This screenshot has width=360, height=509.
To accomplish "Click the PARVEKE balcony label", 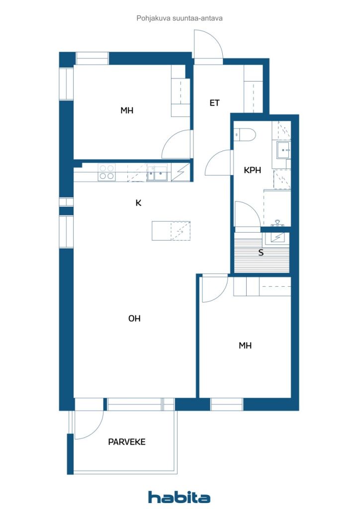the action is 127,442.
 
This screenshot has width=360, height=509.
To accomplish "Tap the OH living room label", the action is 134,319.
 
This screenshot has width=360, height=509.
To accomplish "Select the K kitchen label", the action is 139,203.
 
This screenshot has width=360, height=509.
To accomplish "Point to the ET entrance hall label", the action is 215,103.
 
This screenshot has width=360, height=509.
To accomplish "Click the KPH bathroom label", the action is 252,170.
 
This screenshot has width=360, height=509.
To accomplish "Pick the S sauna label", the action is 261,253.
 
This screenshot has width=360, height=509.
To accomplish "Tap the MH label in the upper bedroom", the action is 127,111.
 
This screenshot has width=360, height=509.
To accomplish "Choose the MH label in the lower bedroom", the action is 245,346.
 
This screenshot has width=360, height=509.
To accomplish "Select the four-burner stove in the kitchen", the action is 107,172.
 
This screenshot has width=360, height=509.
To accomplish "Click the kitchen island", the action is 171,231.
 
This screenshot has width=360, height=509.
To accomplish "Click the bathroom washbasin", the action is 284,150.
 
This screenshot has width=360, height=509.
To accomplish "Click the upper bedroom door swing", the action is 177,145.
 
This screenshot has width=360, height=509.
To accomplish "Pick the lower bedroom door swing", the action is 215,289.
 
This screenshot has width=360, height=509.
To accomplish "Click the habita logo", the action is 179,497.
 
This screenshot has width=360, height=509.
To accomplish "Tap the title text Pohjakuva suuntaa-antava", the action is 180,18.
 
